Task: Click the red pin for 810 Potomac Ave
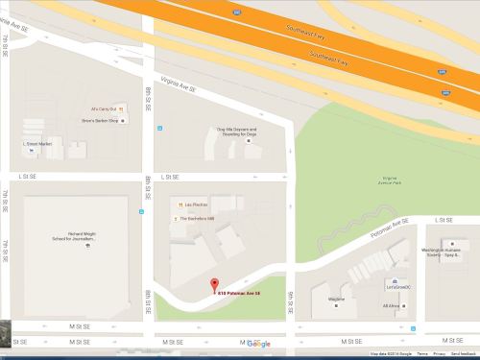(x=214, y=282)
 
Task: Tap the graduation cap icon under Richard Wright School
(x=87, y=247)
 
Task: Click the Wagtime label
(x=336, y=299)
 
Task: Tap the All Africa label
(x=392, y=305)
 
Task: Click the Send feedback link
(x=463, y=354)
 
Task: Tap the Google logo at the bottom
(x=258, y=344)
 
